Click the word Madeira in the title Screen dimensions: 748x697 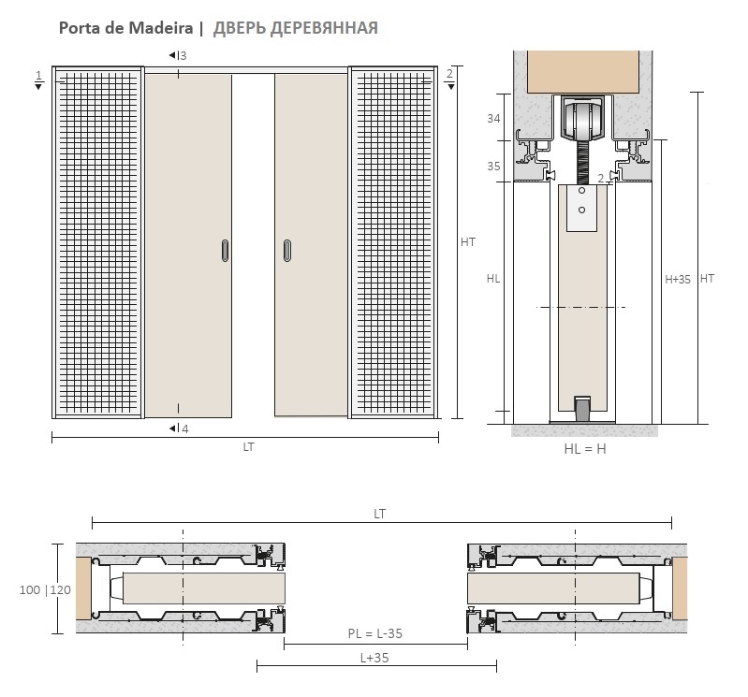point(160,28)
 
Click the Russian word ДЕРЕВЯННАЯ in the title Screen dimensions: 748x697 point(324,29)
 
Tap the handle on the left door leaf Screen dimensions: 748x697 point(226,251)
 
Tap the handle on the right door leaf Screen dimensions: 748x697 point(287,251)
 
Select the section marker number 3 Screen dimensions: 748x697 point(183,56)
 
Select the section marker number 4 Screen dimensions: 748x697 point(185,429)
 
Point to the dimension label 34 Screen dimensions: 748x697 point(493,118)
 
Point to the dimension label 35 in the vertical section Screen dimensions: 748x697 point(493,167)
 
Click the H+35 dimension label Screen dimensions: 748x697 point(678,280)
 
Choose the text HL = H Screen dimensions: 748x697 point(585,449)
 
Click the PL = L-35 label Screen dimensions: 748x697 point(375,633)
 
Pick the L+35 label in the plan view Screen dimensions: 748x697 point(374,658)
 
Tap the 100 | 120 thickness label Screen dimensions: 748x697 point(45,590)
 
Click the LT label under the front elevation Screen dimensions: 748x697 point(248,447)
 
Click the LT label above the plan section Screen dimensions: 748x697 point(380,514)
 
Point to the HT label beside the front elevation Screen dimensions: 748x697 point(468,242)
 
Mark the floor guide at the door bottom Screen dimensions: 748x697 point(581,409)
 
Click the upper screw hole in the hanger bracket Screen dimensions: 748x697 point(581,191)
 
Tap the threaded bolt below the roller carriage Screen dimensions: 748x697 point(581,162)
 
